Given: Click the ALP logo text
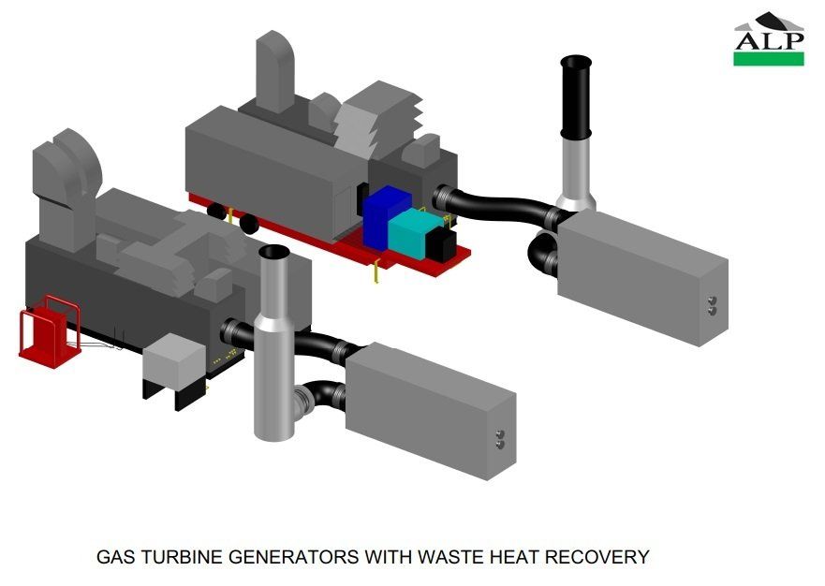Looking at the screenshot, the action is [769, 40].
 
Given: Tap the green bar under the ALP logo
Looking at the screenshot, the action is [769, 59].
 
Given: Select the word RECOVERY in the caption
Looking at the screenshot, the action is [597, 557].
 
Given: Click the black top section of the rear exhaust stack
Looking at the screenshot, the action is [576, 96].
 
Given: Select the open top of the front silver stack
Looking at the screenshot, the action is [274, 252].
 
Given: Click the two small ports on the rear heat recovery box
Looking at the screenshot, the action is [712, 305].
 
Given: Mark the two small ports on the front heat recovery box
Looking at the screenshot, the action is [500, 440].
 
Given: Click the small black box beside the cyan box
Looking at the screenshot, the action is [441, 243].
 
